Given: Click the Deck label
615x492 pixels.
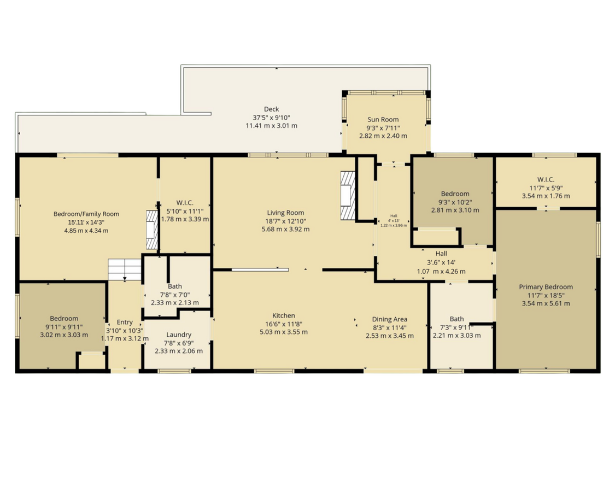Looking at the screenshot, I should pyautogui.click(x=271, y=109).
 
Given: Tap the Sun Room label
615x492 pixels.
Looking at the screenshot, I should pyautogui.click(x=383, y=119).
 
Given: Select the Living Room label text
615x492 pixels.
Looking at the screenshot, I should pyautogui.click(x=285, y=213).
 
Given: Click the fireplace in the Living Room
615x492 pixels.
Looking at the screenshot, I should pyautogui.click(x=348, y=195).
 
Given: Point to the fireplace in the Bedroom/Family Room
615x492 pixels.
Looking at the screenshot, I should pyautogui.click(x=152, y=229).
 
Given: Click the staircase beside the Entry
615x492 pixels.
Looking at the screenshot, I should pyautogui.click(x=125, y=269).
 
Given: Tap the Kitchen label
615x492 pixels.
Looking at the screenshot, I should pyautogui.click(x=284, y=315).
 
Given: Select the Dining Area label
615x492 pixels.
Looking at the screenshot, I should pyautogui.click(x=389, y=319).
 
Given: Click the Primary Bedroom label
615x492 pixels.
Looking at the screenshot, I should pyautogui.click(x=546, y=287).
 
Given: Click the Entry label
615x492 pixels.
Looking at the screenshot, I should pyautogui.click(x=125, y=323).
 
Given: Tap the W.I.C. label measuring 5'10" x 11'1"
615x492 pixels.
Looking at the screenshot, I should pyautogui.click(x=185, y=203).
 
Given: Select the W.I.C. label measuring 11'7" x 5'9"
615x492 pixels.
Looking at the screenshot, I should pyautogui.click(x=546, y=180).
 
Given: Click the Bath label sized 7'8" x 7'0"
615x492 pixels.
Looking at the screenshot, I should pyautogui.click(x=175, y=286).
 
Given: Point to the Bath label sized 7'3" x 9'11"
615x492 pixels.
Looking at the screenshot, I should pyautogui.click(x=456, y=319).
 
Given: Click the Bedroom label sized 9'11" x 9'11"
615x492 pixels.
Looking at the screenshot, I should pyautogui.click(x=64, y=318).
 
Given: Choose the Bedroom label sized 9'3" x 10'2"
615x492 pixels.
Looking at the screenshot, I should pyautogui.click(x=455, y=194).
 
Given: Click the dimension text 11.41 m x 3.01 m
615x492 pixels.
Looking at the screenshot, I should pyautogui.click(x=271, y=126).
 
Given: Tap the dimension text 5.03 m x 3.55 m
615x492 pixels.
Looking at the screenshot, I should pyautogui.click(x=284, y=332).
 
